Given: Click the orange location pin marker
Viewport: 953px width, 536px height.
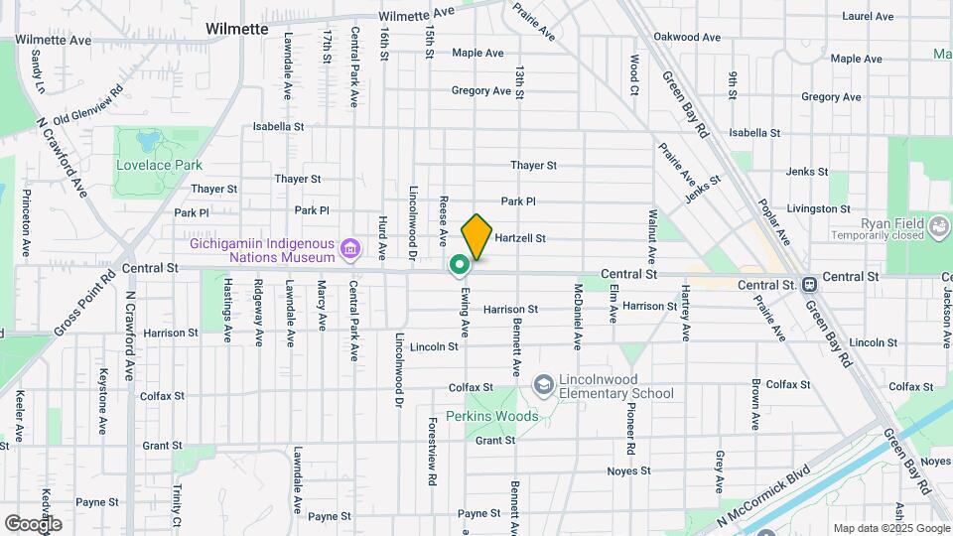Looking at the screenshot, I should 477,236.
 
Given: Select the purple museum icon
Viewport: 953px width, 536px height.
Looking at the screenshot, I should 349,247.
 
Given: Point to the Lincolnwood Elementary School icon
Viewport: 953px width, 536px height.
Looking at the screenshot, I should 543,383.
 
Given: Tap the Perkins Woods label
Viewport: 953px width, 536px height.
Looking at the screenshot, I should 491,416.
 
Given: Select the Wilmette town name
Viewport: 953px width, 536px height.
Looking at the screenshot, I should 237,29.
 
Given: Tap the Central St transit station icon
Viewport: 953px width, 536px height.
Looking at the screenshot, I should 810,284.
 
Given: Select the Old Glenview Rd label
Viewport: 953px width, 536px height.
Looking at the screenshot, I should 88,104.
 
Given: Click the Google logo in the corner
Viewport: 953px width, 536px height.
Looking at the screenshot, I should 33,523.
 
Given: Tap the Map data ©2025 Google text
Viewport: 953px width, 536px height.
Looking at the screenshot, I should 890,528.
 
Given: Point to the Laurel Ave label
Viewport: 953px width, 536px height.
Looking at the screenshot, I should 868,16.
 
